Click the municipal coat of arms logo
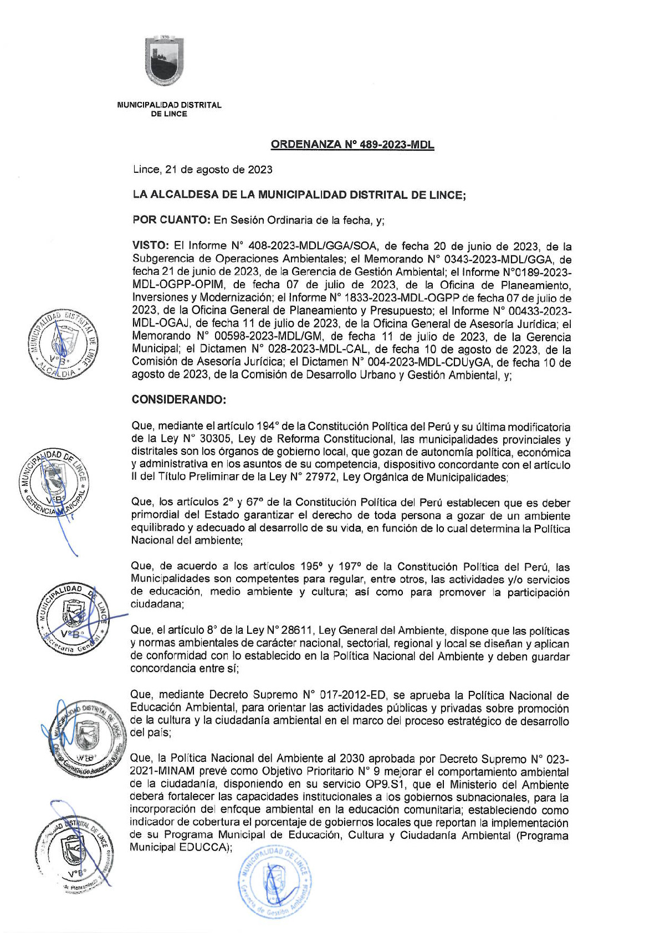tap(164, 60)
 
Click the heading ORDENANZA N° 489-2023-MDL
tap(352, 145)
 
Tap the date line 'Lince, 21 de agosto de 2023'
tap(202, 170)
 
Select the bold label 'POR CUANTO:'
tap(170, 220)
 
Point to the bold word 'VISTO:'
tap(150, 245)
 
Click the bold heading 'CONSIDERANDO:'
tap(178, 400)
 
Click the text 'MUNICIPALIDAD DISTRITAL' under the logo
tap(169, 105)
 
